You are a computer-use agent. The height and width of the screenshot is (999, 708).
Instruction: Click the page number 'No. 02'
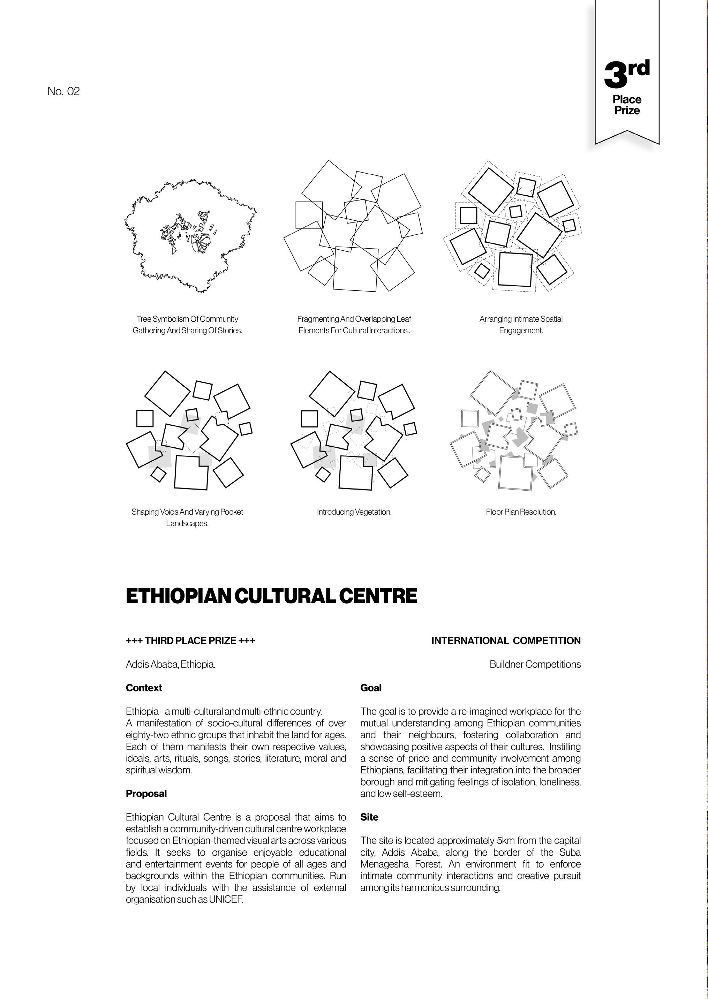pyautogui.click(x=63, y=91)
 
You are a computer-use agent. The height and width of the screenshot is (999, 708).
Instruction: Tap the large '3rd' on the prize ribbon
pyautogui.click(x=626, y=74)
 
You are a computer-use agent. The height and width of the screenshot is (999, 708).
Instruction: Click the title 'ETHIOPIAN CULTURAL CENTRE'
pyautogui.click(x=271, y=596)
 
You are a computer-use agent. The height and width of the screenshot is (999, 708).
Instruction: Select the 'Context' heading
pyautogui.click(x=144, y=688)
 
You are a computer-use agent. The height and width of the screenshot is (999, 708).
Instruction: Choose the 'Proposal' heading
pyautogui.click(x=146, y=793)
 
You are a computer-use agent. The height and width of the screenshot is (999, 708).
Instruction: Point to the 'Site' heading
pyautogui.click(x=369, y=817)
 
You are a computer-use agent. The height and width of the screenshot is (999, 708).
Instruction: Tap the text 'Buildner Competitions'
pyautogui.click(x=535, y=664)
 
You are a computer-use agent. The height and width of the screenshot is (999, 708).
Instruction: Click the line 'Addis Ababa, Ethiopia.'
pyautogui.click(x=171, y=664)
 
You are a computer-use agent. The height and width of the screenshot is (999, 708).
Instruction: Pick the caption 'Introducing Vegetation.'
pyautogui.click(x=354, y=512)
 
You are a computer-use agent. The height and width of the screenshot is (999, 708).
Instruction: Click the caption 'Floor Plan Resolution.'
pyautogui.click(x=521, y=512)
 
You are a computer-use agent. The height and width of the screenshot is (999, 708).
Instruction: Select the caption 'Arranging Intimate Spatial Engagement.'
pyautogui.click(x=521, y=324)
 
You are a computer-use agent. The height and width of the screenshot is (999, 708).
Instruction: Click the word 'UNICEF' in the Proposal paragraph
pyautogui.click(x=226, y=899)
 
